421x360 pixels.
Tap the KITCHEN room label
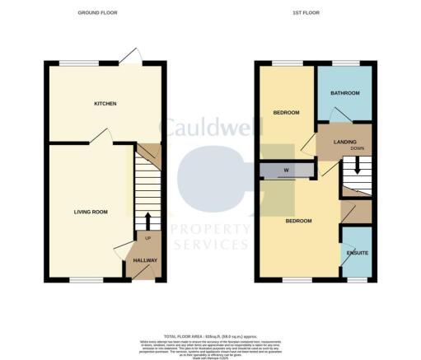coord(104,104)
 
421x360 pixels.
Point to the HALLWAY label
coord(145,260)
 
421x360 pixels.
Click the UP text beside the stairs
coord(147,239)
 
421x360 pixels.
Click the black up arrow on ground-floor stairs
coord(147,221)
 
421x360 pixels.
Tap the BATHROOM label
coord(345,93)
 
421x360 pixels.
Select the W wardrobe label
coord(286,171)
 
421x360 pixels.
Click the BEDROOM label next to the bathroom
coord(286,112)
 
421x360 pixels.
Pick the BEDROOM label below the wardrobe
coord(298,221)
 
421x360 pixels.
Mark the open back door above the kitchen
coord(129,55)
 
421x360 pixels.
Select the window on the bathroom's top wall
coord(344,63)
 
